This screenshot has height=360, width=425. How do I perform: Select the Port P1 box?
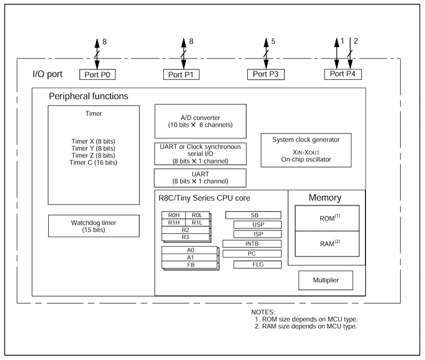click(182, 74)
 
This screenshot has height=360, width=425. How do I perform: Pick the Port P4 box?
click(343, 74)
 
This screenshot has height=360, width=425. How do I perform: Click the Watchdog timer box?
click(93, 226)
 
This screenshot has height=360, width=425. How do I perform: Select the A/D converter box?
click(201, 121)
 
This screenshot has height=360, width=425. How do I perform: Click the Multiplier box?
click(326, 280)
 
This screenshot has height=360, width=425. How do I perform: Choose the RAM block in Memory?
click(327, 243)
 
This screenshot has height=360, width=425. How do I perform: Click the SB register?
click(253, 215)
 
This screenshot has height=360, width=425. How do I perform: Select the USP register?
click(257, 225)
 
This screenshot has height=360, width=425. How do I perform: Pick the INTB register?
click(252, 243)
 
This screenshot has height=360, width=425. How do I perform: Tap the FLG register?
click(257, 264)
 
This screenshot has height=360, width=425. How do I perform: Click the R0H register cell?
click(174, 215)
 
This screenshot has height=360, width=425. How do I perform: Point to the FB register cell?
click(190, 264)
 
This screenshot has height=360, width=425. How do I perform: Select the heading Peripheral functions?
click(88, 97)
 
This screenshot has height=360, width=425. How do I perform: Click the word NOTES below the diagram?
click(263, 312)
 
